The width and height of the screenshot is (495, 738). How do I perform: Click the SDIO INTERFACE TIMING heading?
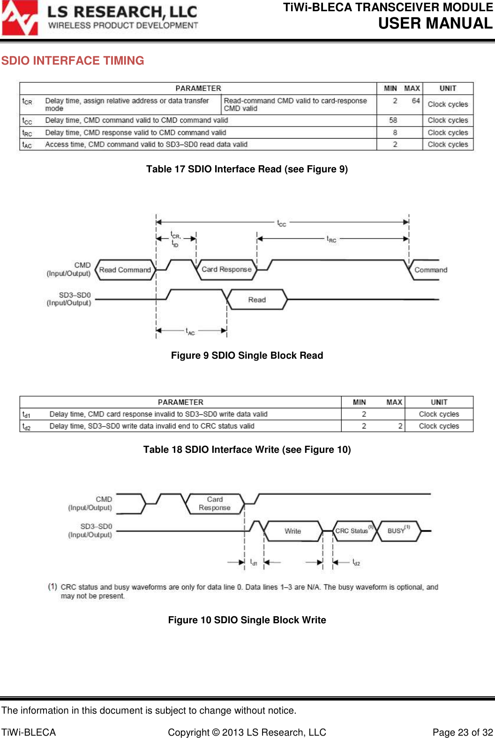point(73,61)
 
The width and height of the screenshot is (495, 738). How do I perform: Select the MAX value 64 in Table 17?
point(416,101)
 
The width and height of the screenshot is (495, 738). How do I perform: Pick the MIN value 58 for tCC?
point(393,120)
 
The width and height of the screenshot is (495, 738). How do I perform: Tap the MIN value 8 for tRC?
point(395,133)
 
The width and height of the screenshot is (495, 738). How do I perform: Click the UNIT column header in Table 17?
point(448,89)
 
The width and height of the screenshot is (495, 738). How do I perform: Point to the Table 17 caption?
point(247,169)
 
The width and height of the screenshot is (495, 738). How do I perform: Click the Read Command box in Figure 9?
point(125,270)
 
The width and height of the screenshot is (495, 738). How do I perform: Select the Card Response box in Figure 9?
point(226,270)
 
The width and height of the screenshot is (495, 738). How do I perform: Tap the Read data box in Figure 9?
point(257,300)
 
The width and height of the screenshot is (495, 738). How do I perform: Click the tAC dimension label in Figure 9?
point(190,332)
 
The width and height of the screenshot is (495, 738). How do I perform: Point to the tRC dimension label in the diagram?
point(331,239)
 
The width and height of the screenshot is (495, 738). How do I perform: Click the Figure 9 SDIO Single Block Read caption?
point(247,355)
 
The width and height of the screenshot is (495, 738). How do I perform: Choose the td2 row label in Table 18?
point(26,427)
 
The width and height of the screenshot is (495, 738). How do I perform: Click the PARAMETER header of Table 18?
point(180,402)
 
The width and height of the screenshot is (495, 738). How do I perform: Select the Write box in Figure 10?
point(293,531)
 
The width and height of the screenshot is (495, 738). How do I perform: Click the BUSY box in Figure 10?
point(397,531)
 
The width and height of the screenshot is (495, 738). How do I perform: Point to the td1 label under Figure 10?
point(254,562)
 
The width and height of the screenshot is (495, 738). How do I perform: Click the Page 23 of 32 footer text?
point(463,732)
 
